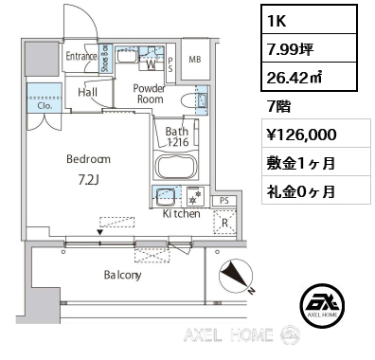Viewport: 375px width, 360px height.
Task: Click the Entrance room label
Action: [x=81, y=56]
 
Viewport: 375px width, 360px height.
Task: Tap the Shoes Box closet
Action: [x=105, y=59]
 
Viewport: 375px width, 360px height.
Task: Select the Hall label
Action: [x=87, y=92]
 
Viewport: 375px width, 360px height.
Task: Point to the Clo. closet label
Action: [x=45, y=106]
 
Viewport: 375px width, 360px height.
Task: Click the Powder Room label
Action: [x=149, y=94]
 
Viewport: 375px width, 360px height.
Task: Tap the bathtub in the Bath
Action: [x=177, y=167]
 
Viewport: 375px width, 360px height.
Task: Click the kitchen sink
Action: [x=166, y=196]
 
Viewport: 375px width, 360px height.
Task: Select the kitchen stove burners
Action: [x=196, y=196]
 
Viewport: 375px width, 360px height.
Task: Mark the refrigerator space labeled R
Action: [x=224, y=222]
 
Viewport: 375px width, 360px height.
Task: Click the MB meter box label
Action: [x=195, y=59]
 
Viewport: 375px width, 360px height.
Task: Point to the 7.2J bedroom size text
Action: [x=89, y=180]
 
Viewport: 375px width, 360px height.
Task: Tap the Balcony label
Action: [x=122, y=275]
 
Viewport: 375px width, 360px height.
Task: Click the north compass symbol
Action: [x=236, y=276]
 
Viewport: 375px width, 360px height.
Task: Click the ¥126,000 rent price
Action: [x=302, y=135]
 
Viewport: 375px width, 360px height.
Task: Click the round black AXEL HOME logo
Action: [x=322, y=305]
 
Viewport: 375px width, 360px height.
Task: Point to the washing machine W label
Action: [x=152, y=64]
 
